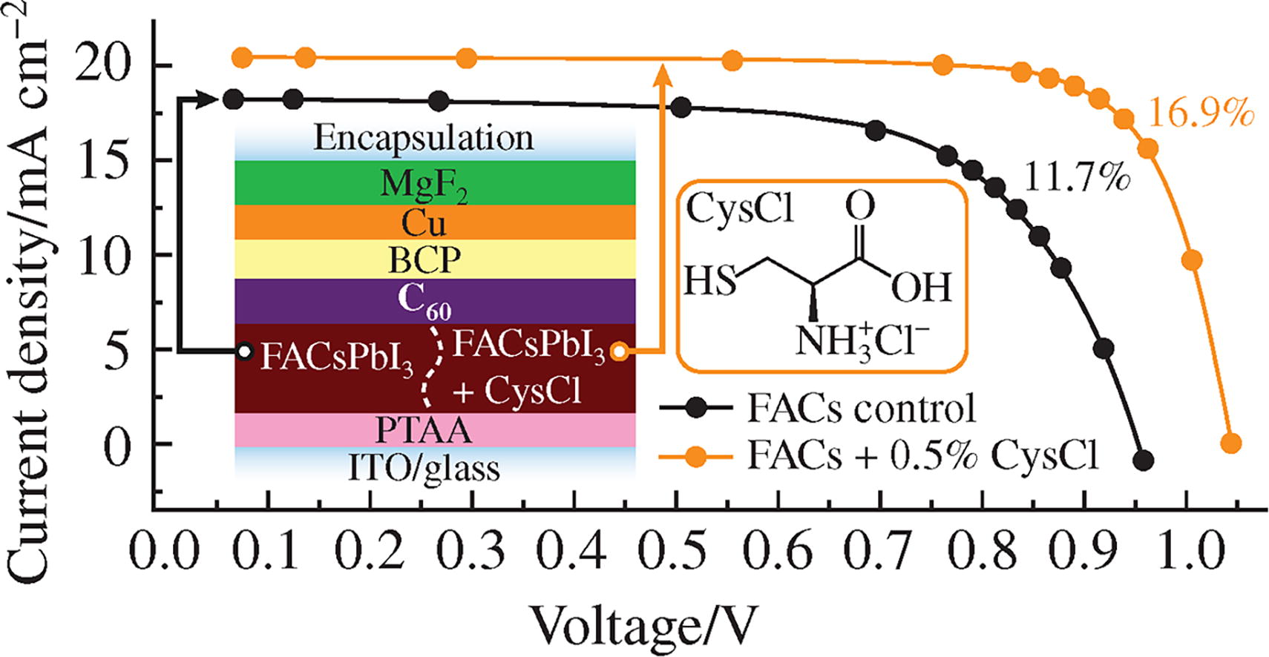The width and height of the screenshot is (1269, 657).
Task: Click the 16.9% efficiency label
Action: click(1201, 114)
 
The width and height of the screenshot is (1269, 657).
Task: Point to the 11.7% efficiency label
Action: click(1077, 178)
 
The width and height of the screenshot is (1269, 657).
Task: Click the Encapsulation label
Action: click(423, 139)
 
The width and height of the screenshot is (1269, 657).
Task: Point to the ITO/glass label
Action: click(424, 468)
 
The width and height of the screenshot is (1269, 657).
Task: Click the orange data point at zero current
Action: click(1230, 443)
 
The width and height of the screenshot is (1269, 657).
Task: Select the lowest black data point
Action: click(1144, 460)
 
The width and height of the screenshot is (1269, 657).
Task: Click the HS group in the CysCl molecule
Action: click(709, 282)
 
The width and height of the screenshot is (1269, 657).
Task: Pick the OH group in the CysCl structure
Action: click(921, 286)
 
